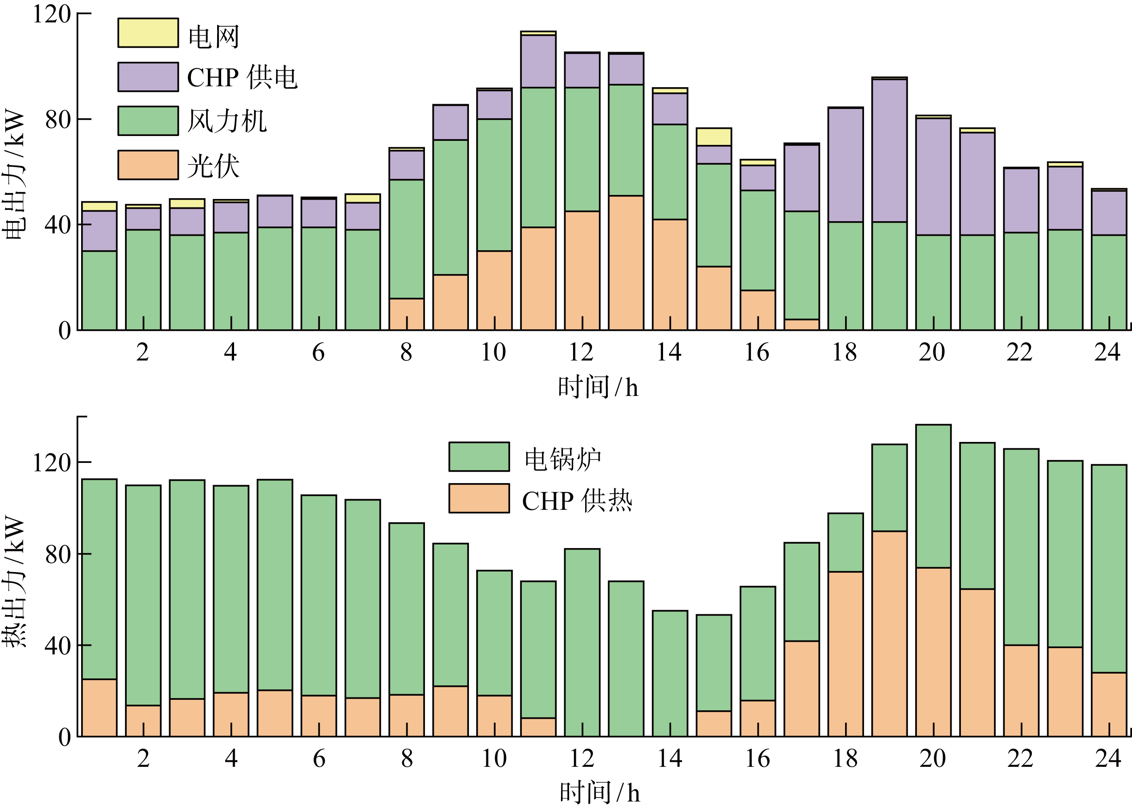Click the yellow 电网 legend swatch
pyautogui.click(x=148, y=33)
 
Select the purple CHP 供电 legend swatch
pyautogui.click(x=148, y=77)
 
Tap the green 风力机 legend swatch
pyautogui.click(x=148, y=121)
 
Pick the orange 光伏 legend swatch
pyautogui.click(x=148, y=165)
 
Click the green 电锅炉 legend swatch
pyautogui.click(x=479, y=456)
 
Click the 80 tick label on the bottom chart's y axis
pyautogui.click(x=58, y=554)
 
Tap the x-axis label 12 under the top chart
pyautogui.click(x=581, y=353)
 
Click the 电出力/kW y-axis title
pyautogui.click(x=14, y=175)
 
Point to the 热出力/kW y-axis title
pyautogui.click(x=14, y=581)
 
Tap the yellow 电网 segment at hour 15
pyautogui.click(x=714, y=137)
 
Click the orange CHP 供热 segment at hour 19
pyautogui.click(x=889, y=634)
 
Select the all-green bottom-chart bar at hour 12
pyautogui.click(x=582, y=643)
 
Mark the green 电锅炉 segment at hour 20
pyautogui.click(x=933, y=496)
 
